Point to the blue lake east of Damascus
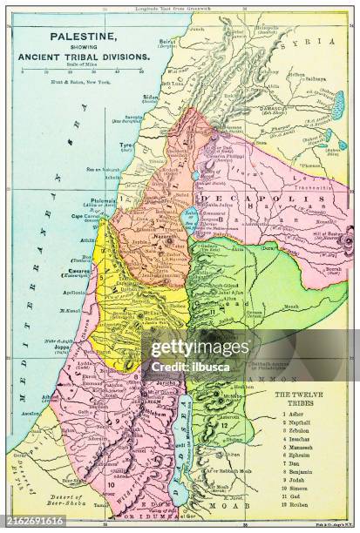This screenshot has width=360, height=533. [x=337, y=104]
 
